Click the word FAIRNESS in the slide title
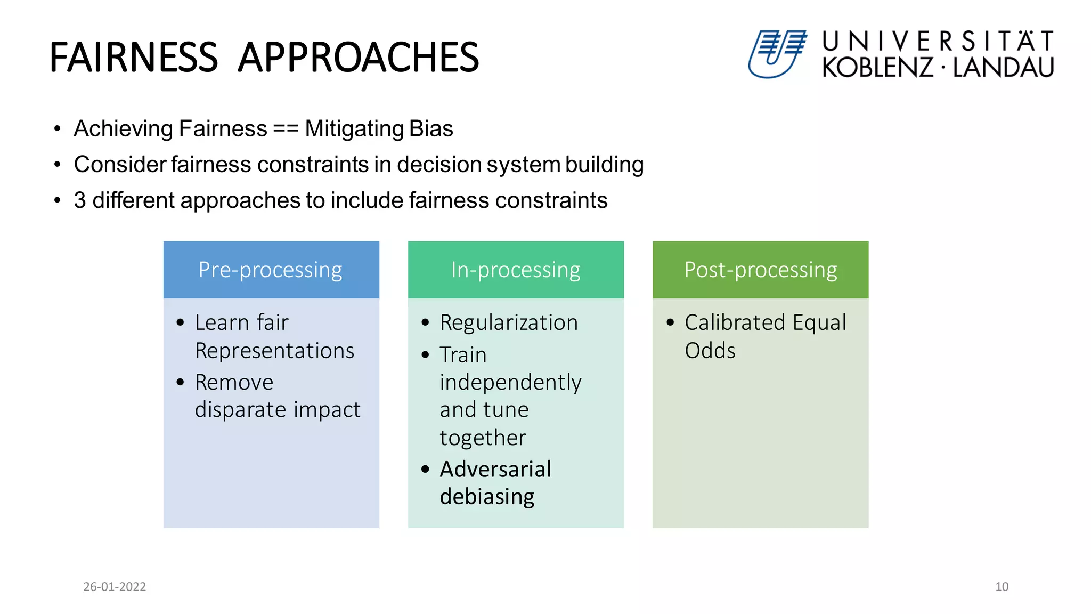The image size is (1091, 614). coord(134,58)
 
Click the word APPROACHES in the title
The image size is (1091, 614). coord(358,58)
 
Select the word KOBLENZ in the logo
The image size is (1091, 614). coord(877,68)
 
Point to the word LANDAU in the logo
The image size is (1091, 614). coord(1003,68)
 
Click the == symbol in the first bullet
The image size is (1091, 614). coord(286,129)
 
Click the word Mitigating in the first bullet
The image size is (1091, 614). coord(354,129)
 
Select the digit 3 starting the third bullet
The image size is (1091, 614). coord(80,201)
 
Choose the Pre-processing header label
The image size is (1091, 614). coord(271,270)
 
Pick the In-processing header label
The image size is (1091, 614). coord(515,270)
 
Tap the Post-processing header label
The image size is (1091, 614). coord(760,270)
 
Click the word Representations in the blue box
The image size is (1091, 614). coord(274,351)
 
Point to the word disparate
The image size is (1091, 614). coord(240,410)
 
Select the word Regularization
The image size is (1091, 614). coord(509,322)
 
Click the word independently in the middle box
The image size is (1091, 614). coord(510,383)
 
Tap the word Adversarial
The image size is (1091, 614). coord(495,469)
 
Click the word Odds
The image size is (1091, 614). coord(710,351)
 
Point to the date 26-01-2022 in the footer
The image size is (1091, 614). coord(115,586)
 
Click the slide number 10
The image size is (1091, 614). coord(1002,586)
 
